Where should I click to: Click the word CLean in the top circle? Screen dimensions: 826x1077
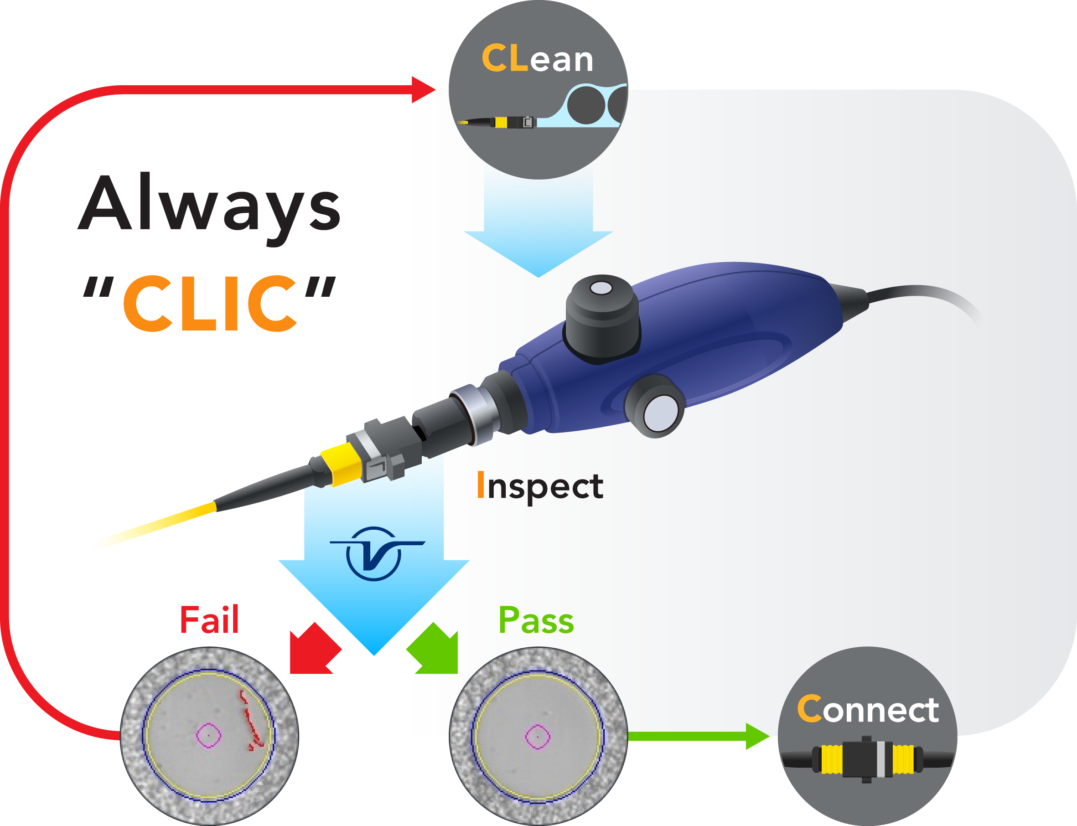(537, 59)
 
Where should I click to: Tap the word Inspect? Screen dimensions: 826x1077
(540, 486)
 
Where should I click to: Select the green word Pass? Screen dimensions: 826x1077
(536, 620)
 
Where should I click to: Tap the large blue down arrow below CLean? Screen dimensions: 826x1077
(538, 231)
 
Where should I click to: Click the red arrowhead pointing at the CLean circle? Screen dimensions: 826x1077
(422, 90)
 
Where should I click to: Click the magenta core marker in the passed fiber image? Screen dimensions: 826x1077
(538, 737)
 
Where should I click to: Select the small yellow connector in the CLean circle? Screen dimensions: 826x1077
(501, 122)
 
